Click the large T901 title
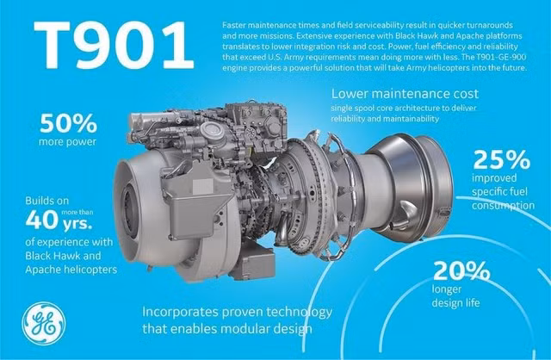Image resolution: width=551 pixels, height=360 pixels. coord(114,46)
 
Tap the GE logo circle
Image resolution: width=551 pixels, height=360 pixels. coord(44,324)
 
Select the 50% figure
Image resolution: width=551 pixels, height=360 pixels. coord(68,123)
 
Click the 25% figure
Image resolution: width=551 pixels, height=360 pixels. coord(501,159)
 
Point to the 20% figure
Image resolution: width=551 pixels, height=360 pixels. coord(461,270)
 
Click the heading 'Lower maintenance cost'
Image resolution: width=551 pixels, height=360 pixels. coord(405,94)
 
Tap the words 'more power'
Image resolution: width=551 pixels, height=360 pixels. coord(67,142)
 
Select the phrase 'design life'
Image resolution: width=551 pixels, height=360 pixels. coord(455,302)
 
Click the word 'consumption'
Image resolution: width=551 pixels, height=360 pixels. coord(503,206)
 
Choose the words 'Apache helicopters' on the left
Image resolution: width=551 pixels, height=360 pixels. coord(71,270)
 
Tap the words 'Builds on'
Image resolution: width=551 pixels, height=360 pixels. coord(47,201)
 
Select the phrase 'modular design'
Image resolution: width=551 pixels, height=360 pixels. coord(267,329)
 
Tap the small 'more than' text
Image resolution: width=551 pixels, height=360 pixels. coord(77,212)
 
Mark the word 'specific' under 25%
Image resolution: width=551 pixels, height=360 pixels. coord(486,192)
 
